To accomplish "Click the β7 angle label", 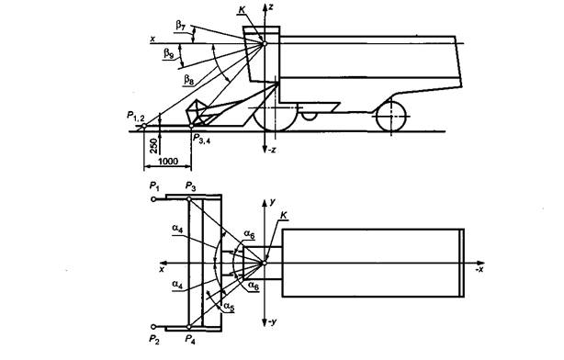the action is coord(181,25).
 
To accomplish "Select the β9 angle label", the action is coord(169,53).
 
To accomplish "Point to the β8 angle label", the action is coord(189,79).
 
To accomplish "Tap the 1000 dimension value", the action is coord(168,161).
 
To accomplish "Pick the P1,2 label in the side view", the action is coord(136,116).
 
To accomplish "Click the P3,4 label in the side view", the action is coord(201,139).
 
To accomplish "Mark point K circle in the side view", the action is coord(265,43).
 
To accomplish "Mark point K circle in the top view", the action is coord(265,263).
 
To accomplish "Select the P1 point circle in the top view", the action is coord(153,199).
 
